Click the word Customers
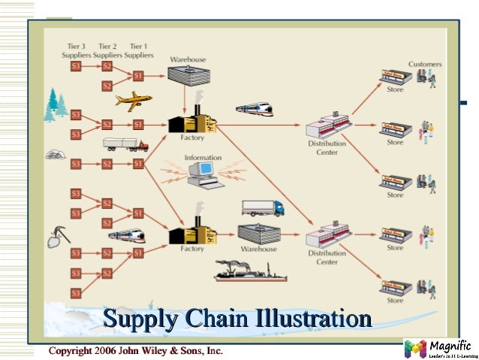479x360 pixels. (x=424, y=65)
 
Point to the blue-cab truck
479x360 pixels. (x=261, y=208)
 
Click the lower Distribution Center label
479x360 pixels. (x=327, y=258)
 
